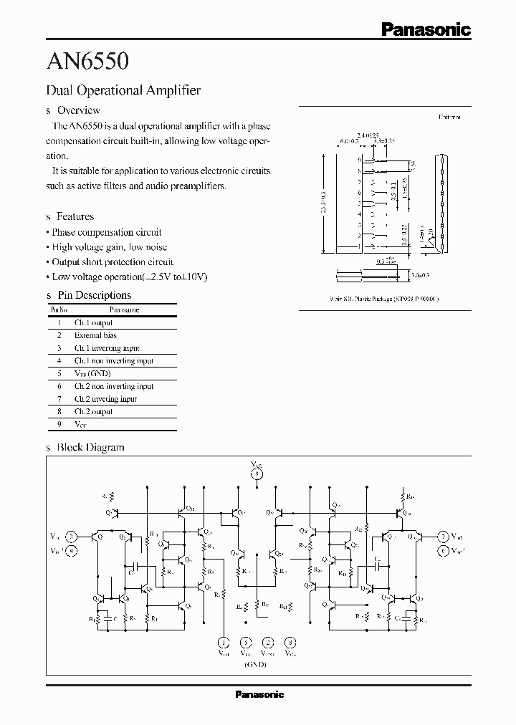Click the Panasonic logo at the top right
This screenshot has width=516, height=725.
(x=425, y=29)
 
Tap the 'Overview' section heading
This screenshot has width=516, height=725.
(x=78, y=110)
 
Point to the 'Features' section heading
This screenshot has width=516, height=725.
(x=75, y=216)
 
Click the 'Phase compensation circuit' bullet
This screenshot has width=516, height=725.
(x=106, y=232)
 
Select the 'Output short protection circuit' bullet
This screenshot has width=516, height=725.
(x=112, y=262)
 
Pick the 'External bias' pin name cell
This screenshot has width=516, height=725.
(x=95, y=335)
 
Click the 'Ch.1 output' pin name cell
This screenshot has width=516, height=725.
(x=93, y=323)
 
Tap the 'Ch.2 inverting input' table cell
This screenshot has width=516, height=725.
(x=105, y=399)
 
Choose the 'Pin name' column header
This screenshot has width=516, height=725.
(x=124, y=310)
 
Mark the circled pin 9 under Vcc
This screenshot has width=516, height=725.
(x=257, y=474)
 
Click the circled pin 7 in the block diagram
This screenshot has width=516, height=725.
(x=443, y=537)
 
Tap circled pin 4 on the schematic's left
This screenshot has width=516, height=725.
(x=71, y=550)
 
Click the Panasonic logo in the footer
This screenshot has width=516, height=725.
(x=259, y=694)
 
